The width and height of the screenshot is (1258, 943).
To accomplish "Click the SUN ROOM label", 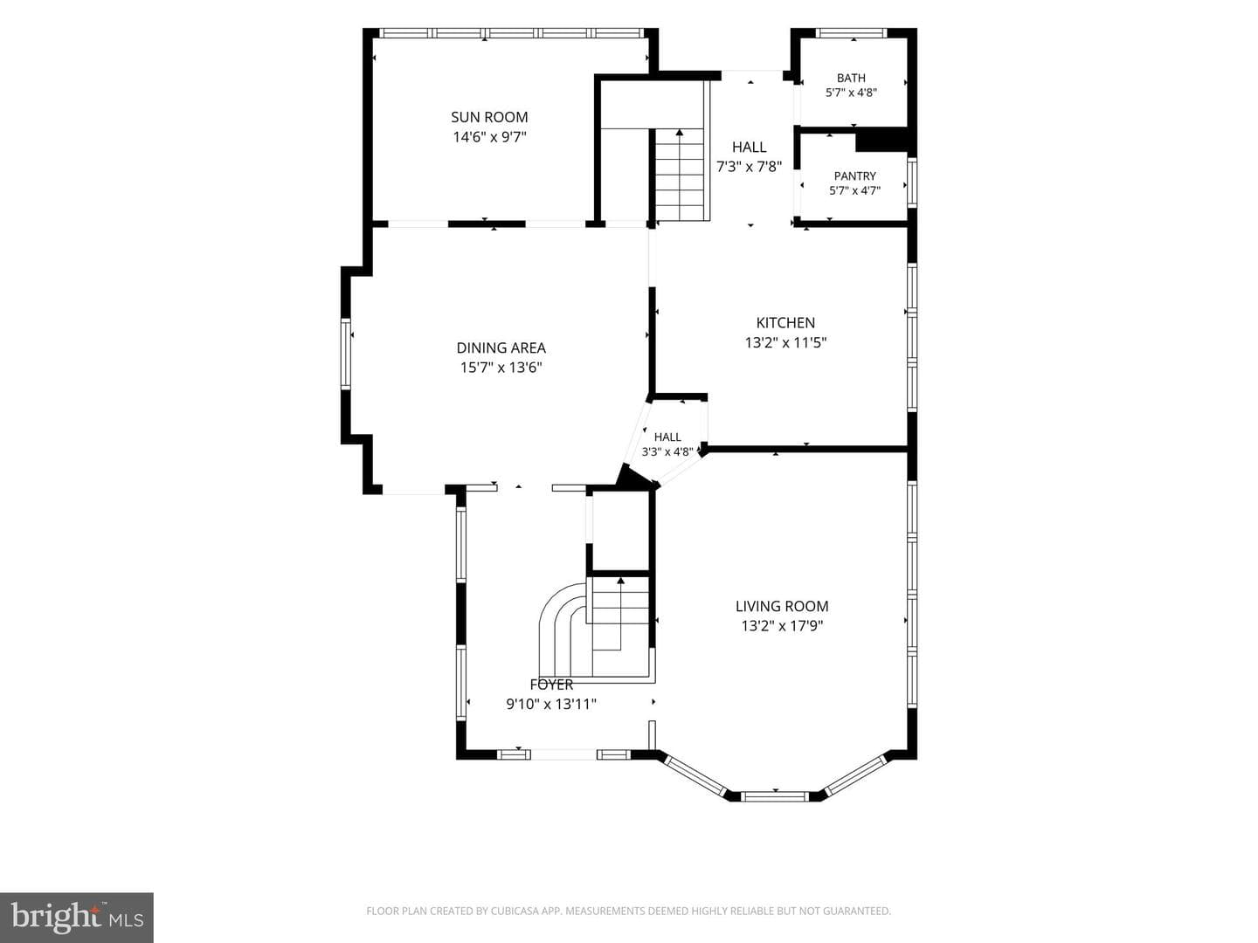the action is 489,117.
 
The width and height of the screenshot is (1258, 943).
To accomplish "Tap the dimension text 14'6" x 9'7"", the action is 489,137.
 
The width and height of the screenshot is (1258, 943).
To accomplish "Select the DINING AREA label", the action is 501,348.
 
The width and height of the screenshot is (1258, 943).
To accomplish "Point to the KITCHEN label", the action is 785,322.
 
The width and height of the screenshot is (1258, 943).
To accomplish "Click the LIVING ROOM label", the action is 782,606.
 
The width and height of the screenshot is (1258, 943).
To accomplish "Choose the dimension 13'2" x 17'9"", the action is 782,626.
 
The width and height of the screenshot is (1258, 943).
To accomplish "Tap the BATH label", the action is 851,78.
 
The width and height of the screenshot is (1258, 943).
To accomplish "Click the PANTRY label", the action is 854,176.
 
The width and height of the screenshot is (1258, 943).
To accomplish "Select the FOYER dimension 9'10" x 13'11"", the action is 550,704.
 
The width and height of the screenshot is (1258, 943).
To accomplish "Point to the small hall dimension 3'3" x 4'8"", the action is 667,451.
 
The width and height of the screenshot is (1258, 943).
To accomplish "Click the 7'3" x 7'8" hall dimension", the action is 749,167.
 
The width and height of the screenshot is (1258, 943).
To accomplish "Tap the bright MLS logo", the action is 77,918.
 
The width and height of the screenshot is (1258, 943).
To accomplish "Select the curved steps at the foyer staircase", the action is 563,624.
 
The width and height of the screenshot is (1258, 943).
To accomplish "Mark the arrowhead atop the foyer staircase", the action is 620,581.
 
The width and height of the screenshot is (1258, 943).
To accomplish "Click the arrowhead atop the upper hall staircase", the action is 679,132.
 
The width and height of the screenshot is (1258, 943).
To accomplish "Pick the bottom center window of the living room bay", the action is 775,795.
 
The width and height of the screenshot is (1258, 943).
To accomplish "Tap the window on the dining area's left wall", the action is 346,354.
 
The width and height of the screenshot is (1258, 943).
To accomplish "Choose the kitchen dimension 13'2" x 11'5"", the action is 785,342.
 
